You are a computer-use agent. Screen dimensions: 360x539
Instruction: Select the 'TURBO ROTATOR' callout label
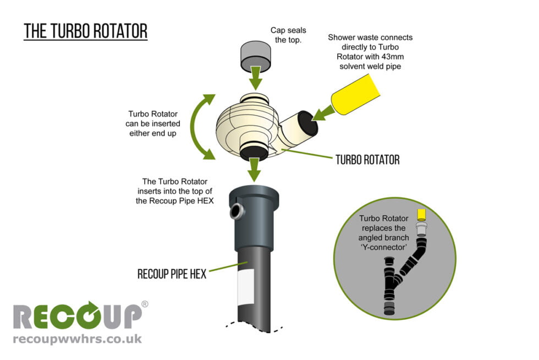coord(367,160)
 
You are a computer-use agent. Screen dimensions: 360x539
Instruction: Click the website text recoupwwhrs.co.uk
coord(77,339)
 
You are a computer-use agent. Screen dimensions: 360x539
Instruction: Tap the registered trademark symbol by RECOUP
coord(145,304)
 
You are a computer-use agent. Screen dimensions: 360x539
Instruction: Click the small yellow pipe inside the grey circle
coord(422,214)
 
